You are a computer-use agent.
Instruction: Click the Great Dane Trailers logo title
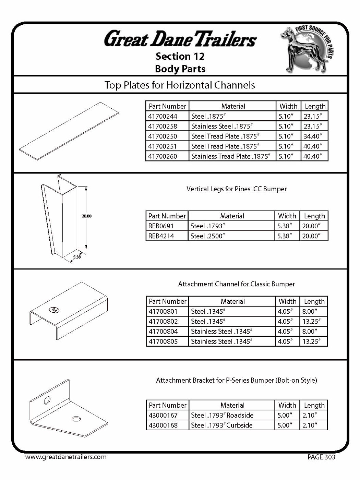click(180, 39)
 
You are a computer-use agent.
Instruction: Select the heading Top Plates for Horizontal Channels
click(180, 85)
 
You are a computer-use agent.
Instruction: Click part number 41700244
click(163, 116)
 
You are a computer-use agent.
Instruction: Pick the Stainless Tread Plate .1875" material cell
click(230, 156)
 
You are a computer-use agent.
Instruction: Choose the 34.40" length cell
click(313, 136)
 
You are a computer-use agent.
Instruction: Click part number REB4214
click(161, 236)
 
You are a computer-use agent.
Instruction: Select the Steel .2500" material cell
click(207, 236)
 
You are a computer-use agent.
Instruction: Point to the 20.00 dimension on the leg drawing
click(86, 216)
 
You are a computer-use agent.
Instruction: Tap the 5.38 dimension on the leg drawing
click(77, 257)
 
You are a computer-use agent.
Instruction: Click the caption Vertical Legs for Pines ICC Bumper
click(236, 189)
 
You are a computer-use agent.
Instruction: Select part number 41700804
click(163, 331)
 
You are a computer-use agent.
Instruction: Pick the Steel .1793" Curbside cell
click(222, 425)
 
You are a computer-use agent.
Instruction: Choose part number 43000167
click(163, 415)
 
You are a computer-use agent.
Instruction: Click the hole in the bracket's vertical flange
click(47, 400)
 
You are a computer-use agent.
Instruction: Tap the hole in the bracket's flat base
click(76, 419)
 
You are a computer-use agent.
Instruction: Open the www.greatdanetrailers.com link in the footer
click(66, 457)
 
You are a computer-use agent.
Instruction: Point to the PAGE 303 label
click(321, 457)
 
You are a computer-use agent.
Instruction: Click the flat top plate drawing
click(69, 131)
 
